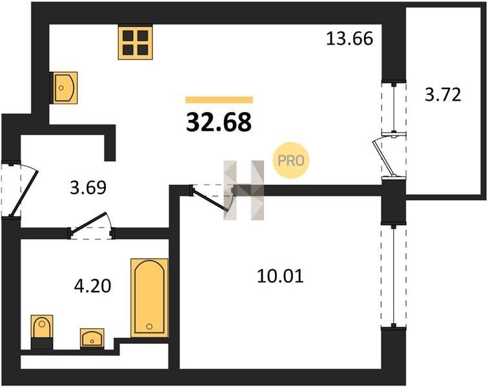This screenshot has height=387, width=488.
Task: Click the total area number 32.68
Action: [x=219, y=123]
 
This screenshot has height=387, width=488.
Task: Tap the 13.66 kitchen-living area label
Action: [x=349, y=39]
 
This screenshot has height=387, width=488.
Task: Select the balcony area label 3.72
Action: [x=443, y=95]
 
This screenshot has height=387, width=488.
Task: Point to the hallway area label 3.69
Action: [x=88, y=188]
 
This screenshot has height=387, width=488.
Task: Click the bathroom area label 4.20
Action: [x=92, y=286]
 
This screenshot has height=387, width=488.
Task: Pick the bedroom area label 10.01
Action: [x=280, y=276]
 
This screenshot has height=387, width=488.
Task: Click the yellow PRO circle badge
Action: [x=291, y=161]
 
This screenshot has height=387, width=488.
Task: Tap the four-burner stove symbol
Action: [x=136, y=43]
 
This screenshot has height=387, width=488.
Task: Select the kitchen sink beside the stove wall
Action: [x=65, y=88]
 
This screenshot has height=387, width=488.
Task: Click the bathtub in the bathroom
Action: [x=149, y=298]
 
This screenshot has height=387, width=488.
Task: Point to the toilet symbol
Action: [x=42, y=332]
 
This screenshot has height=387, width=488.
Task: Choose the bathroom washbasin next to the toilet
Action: [x=92, y=338]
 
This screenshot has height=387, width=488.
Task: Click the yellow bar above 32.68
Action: [x=219, y=100]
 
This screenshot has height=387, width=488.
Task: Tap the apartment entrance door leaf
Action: [x=25, y=193]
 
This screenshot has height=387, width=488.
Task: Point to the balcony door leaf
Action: [x=383, y=158]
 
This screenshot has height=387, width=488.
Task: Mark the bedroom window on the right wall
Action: [x=394, y=275]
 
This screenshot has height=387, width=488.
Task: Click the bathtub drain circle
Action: [x=149, y=326]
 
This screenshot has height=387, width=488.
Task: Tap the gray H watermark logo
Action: [x=244, y=190]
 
